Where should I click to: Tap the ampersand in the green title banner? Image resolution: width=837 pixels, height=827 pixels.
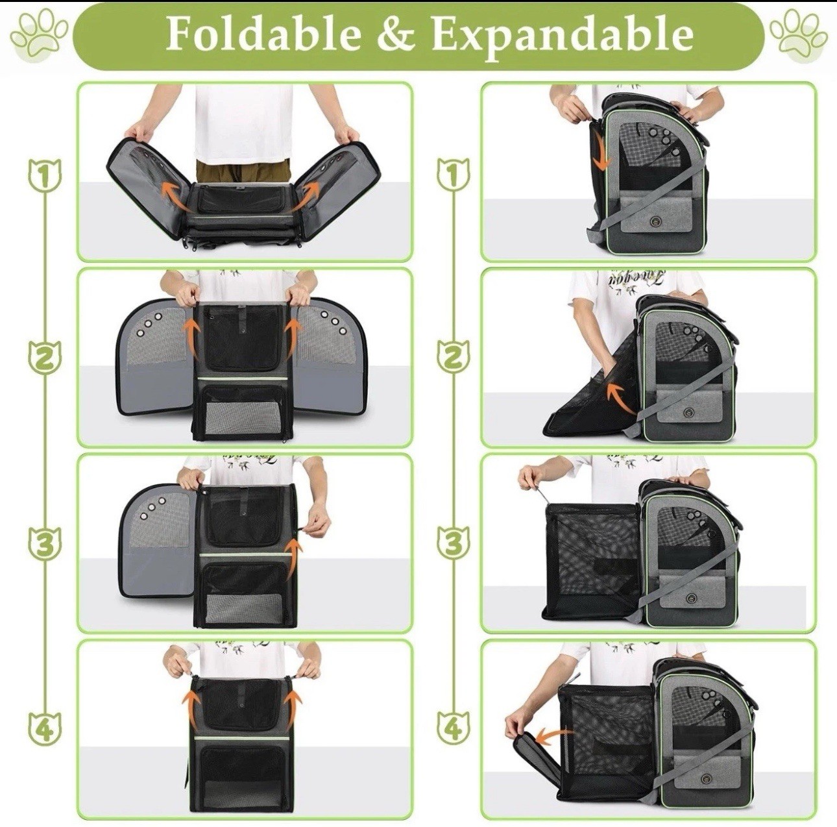pyautogui.click(x=394, y=35)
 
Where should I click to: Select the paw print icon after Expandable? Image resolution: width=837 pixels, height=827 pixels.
pyautogui.click(x=798, y=35)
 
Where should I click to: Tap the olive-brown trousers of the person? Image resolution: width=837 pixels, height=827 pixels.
pyautogui.click(x=243, y=173)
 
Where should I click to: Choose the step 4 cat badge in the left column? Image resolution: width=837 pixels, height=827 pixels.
pyautogui.click(x=44, y=728)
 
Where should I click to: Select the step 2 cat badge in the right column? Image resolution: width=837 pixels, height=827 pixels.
pyautogui.click(x=454, y=356)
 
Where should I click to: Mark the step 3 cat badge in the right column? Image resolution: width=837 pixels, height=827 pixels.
pyautogui.click(x=454, y=543)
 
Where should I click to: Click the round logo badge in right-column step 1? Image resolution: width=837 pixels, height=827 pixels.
pyautogui.click(x=654, y=221)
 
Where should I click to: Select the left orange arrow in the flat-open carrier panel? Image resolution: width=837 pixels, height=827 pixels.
pyautogui.click(x=173, y=192)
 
